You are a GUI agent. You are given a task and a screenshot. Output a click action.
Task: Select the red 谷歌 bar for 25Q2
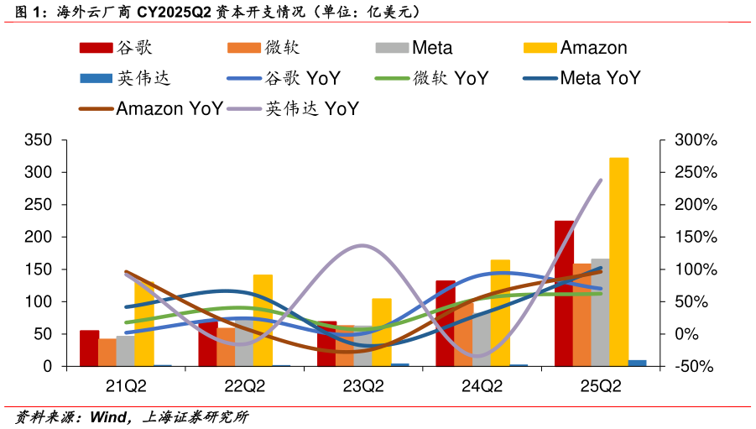[564, 294]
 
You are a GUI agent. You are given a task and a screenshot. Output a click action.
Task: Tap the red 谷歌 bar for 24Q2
[446, 323]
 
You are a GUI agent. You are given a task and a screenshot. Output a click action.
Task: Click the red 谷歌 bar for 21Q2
[90, 348]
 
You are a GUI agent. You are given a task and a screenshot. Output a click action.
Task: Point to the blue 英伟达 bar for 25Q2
[638, 363]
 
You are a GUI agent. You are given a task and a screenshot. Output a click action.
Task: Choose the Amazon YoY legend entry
[151, 108]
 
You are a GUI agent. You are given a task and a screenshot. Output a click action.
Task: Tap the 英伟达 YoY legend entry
[293, 108]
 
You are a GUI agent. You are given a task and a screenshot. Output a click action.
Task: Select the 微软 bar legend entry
[263, 48]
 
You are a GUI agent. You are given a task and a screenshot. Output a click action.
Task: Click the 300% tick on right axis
[696, 140]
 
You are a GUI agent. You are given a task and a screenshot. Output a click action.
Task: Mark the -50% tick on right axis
[696, 367]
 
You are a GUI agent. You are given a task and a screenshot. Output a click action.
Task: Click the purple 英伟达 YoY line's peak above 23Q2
[362, 245]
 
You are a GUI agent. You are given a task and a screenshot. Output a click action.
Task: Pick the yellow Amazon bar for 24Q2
[500, 313]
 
